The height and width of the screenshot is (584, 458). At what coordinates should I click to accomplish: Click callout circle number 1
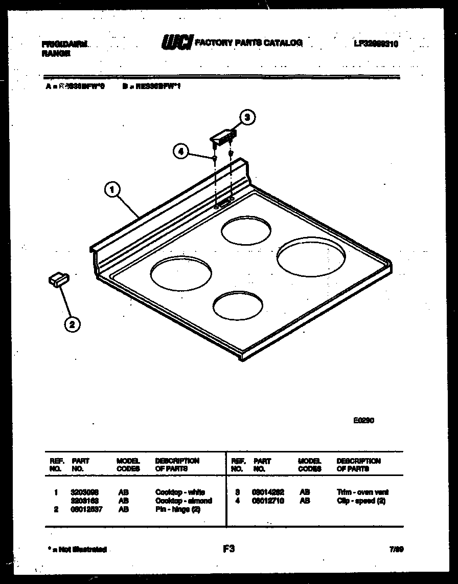click(x=112, y=190)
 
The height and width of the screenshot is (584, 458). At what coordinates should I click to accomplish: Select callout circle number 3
click(x=247, y=118)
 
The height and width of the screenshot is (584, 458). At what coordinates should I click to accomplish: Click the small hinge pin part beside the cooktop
click(x=58, y=279)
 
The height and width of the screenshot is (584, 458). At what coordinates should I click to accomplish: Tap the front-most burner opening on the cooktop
click(x=238, y=306)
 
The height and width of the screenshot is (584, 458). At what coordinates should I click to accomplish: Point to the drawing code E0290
click(x=363, y=421)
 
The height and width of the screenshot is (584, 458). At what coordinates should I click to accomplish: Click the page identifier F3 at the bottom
click(x=228, y=549)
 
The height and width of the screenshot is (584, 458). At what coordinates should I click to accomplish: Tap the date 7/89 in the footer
click(x=396, y=549)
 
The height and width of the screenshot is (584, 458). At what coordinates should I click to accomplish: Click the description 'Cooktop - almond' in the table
click(x=184, y=501)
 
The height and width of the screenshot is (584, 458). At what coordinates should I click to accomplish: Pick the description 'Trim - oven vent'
click(x=363, y=492)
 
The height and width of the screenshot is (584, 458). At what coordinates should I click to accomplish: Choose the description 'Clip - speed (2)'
click(x=361, y=501)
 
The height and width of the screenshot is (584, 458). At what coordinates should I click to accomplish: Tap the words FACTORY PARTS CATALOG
click(x=249, y=43)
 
